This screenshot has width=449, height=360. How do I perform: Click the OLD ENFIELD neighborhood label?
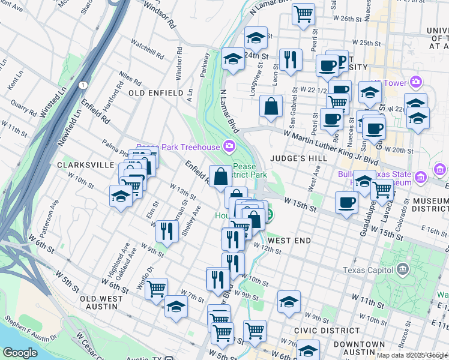(x=155, y=93)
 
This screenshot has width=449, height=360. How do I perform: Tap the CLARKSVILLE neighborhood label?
(x=85, y=164)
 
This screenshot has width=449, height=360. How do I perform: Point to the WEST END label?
(x=289, y=241)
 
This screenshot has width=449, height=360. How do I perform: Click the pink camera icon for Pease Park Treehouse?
(x=229, y=146)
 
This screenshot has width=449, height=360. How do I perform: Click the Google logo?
(x=20, y=353)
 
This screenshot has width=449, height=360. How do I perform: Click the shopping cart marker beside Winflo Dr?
(x=156, y=289)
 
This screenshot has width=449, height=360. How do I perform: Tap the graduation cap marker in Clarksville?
(x=121, y=196)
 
